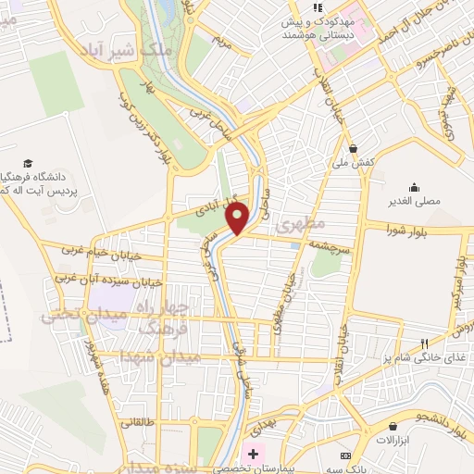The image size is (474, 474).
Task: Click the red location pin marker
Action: pos(238,218)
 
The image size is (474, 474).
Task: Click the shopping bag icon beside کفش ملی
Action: pos(354,147)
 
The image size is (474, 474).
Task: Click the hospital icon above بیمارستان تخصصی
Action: pos(251,454)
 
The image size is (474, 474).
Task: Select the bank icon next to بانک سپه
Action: pos(345,456)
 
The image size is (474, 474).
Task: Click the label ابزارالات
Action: pos(393,437)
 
